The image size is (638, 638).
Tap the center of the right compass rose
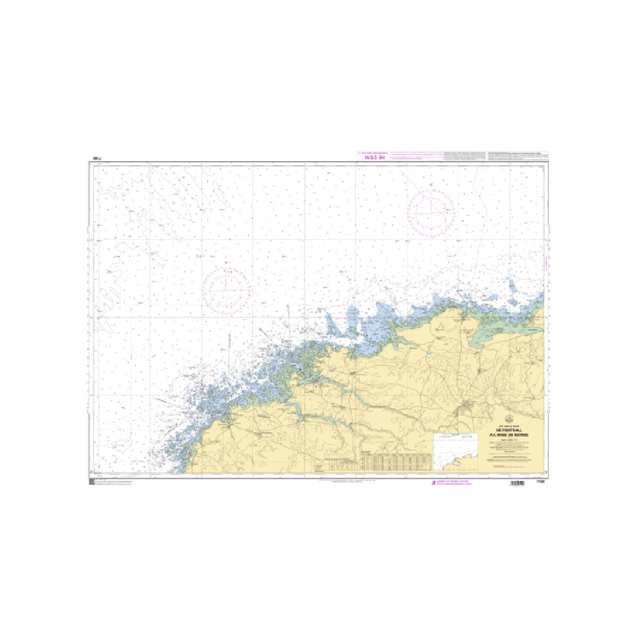click(x=431, y=213)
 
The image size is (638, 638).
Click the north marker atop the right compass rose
click(x=431, y=185)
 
